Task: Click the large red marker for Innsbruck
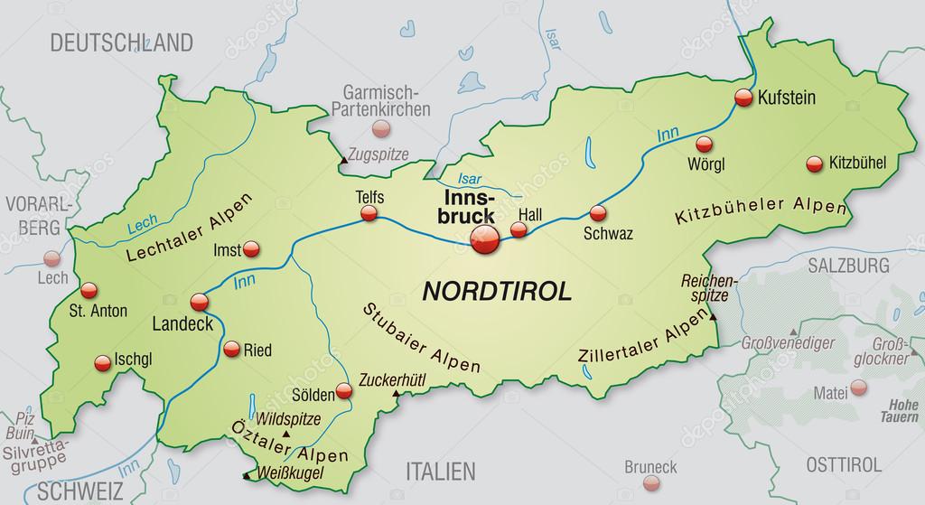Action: pos(484,238)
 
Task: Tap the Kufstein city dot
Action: pos(743,98)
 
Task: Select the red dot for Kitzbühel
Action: pos(814,164)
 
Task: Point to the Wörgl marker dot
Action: pos(704,144)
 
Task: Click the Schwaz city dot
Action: pos(597,214)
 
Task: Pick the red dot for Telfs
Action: pos(369,213)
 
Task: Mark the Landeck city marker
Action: pos(199,303)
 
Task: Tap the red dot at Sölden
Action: pos(344,391)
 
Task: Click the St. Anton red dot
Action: pos(88,291)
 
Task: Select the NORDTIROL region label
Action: pos(497,291)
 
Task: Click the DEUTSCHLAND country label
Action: pos(121,42)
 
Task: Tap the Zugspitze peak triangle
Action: pos(342,161)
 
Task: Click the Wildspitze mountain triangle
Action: pos(287,434)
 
